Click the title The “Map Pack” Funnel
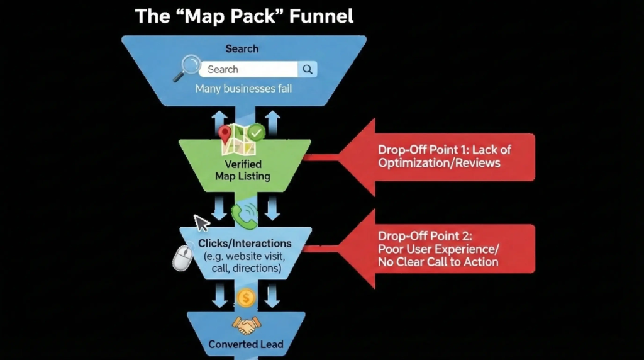[244, 15]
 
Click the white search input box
[249, 69]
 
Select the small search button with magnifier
[308, 69]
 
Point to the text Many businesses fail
[243, 89]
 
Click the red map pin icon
[225, 133]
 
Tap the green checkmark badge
[255, 133]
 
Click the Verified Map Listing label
[243, 170]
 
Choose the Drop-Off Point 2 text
[447, 249]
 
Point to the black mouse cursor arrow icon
[201, 223]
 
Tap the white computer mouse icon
[182, 257]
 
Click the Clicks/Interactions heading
[245, 243]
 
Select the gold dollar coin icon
[245, 298]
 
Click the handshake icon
[246, 324]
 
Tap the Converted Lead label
[246, 344]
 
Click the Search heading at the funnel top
[242, 48]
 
